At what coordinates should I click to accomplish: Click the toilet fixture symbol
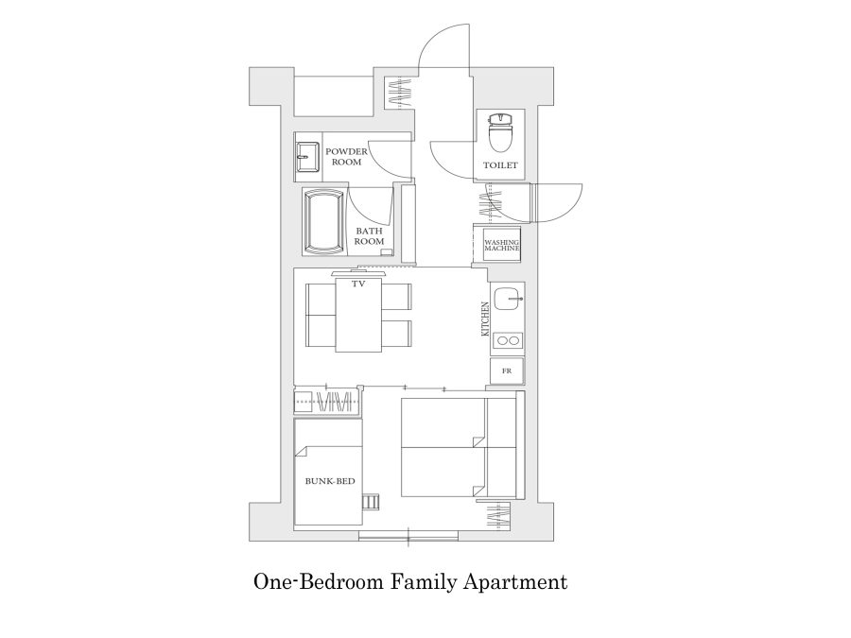500,132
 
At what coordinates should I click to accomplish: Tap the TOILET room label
500,164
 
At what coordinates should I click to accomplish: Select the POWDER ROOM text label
346,156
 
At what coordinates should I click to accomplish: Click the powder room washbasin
307,157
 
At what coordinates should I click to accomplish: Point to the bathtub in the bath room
325,221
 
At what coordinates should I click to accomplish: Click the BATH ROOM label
369,236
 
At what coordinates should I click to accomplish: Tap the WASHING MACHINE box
501,245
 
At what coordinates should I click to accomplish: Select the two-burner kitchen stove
508,340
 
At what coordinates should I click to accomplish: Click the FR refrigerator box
507,371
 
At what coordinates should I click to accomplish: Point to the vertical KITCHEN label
485,319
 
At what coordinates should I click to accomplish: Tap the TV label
358,284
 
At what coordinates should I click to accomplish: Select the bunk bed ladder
370,502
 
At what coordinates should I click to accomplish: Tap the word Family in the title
424,582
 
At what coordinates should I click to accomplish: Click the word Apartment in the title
515,582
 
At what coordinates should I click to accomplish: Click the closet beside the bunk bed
328,403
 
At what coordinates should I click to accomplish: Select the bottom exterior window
408,536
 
